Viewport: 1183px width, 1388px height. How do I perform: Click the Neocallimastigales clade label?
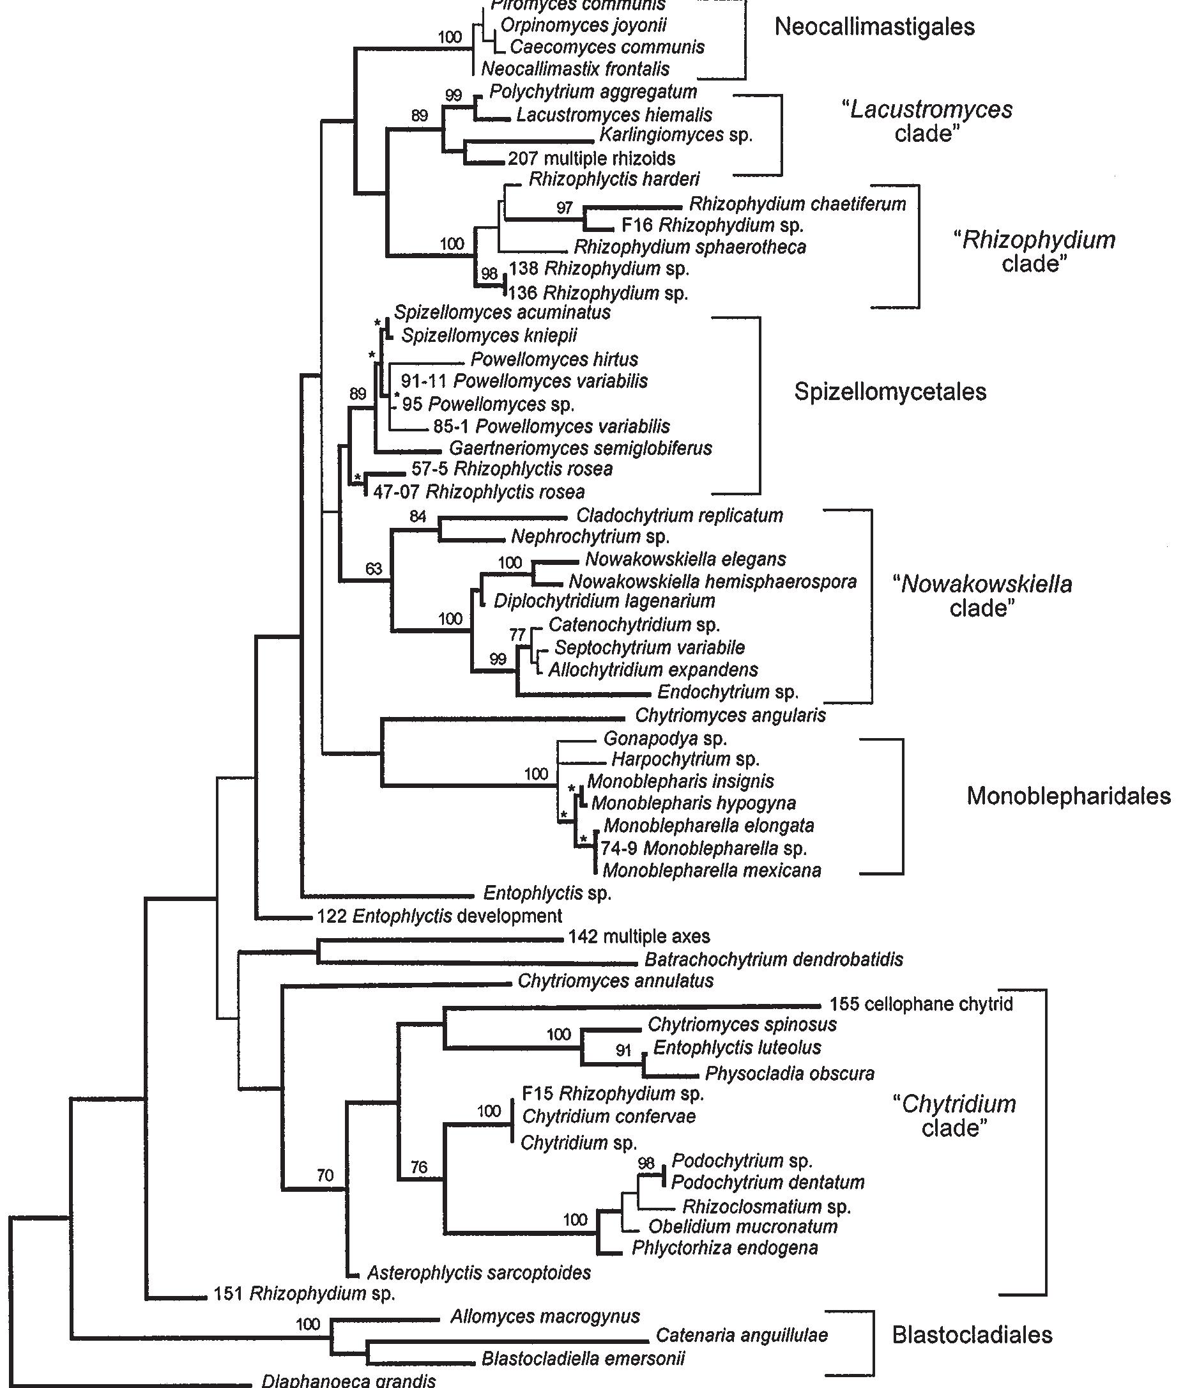874,27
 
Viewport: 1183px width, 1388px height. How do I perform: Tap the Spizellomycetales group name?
890,392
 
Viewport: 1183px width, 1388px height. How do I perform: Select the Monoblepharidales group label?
1069,796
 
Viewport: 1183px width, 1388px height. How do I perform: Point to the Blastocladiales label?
972,1335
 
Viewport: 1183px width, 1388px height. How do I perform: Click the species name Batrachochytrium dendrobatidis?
774,959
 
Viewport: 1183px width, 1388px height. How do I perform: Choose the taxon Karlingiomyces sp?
676,135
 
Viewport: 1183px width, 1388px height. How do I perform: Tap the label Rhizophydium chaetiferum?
797,204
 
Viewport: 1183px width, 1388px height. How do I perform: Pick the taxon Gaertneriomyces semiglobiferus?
581,448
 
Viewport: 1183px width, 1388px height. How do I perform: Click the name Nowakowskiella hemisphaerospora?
712,582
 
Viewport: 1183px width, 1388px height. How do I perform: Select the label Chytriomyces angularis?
730,716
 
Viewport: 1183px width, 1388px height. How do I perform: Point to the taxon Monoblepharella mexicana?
712,870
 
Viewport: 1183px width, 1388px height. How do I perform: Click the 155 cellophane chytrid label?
920,1004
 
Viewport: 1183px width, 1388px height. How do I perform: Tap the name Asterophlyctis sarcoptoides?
478,1273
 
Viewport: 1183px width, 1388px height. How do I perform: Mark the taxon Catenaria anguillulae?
742,1335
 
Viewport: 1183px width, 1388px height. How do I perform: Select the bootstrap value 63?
374,569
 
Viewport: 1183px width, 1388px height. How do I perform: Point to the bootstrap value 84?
418,516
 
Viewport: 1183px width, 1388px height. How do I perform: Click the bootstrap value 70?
324,1175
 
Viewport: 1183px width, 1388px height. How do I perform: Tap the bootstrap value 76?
418,1168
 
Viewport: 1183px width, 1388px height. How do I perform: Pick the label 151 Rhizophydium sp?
304,1293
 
